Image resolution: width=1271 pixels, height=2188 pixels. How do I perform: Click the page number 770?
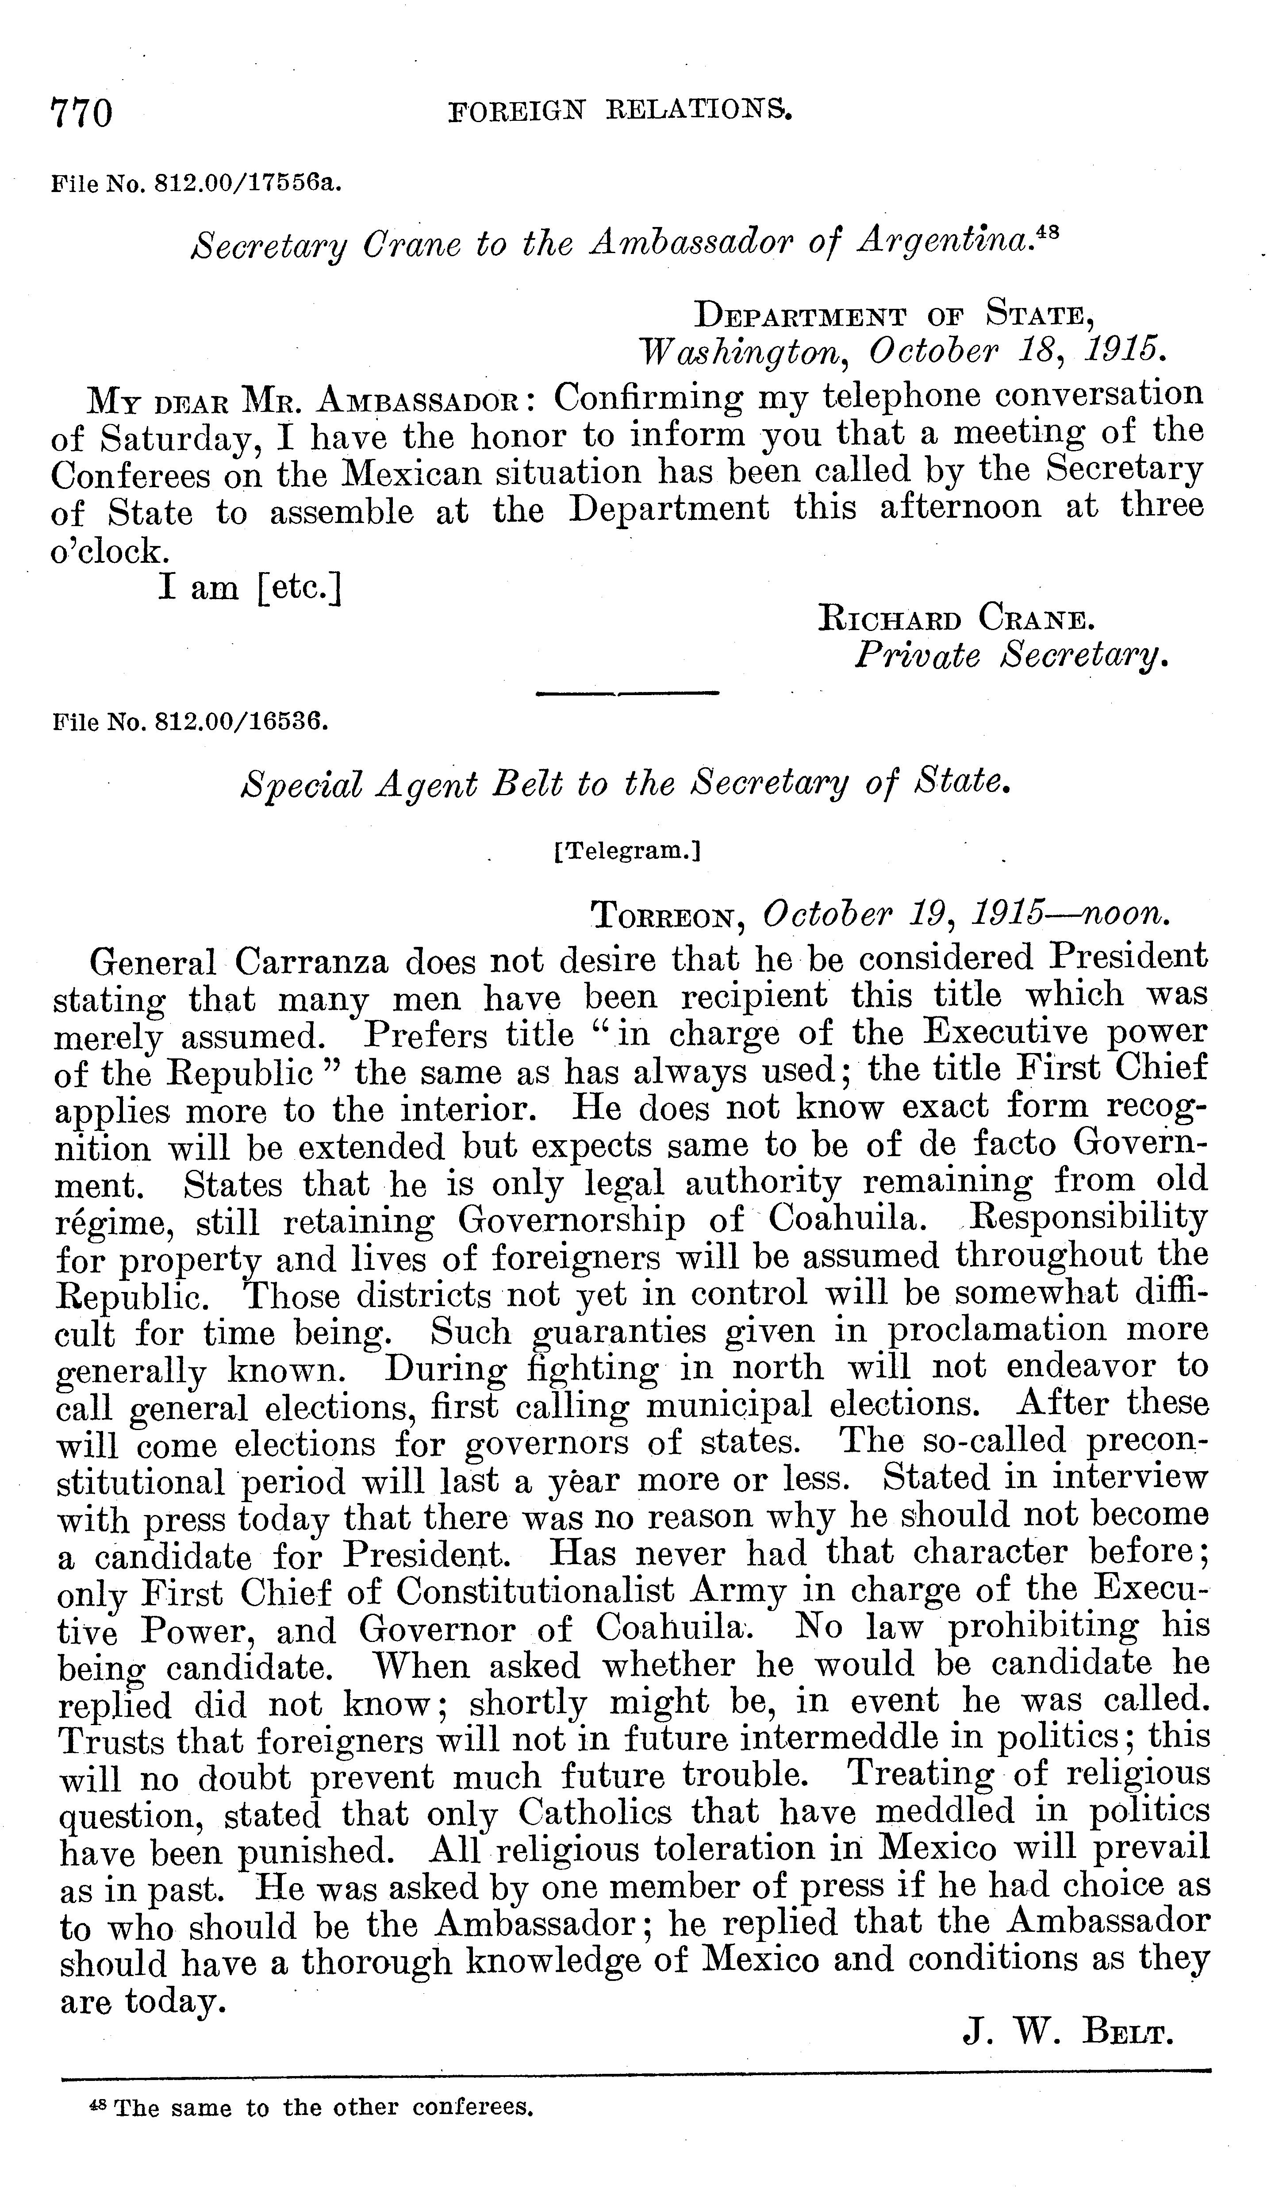pos(82,113)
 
